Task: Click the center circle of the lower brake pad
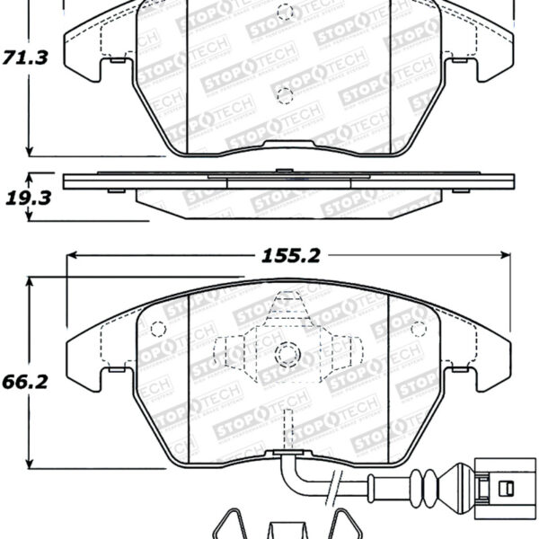point(287,353)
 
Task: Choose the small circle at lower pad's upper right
point(416,327)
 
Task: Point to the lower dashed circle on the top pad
point(286,95)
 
